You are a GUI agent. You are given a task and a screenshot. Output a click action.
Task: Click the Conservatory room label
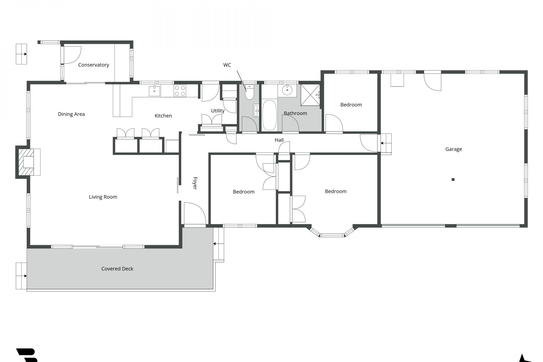pyautogui.click(x=94, y=65)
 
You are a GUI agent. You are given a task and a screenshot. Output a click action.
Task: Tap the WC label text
pyautogui.click(x=227, y=65)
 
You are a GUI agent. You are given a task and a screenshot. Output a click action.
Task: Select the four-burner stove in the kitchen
pyautogui.click(x=180, y=91)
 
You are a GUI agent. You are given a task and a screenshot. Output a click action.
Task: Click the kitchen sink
pyautogui.click(x=154, y=91)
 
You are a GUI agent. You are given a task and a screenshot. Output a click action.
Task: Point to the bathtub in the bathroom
pyautogui.click(x=269, y=115)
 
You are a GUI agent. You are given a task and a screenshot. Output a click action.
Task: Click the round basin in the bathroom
pyautogui.click(x=287, y=90)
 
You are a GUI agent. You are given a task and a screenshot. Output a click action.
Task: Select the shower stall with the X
pyautogui.click(x=310, y=95)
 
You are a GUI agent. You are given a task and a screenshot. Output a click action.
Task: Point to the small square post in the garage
pyautogui.click(x=453, y=180)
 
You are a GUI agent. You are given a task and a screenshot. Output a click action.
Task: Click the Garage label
pyautogui.click(x=453, y=149)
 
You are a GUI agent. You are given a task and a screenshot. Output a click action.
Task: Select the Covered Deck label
pyautogui.click(x=117, y=269)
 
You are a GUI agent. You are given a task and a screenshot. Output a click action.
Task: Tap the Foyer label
pyautogui.click(x=195, y=183)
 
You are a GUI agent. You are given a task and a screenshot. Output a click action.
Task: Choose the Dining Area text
pyautogui.click(x=71, y=114)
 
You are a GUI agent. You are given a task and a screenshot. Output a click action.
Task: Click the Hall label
pyautogui.click(x=279, y=140)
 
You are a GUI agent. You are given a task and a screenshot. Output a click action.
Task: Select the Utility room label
pyautogui.click(x=217, y=111)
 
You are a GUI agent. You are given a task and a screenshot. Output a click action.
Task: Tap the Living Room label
pyautogui.click(x=103, y=197)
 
